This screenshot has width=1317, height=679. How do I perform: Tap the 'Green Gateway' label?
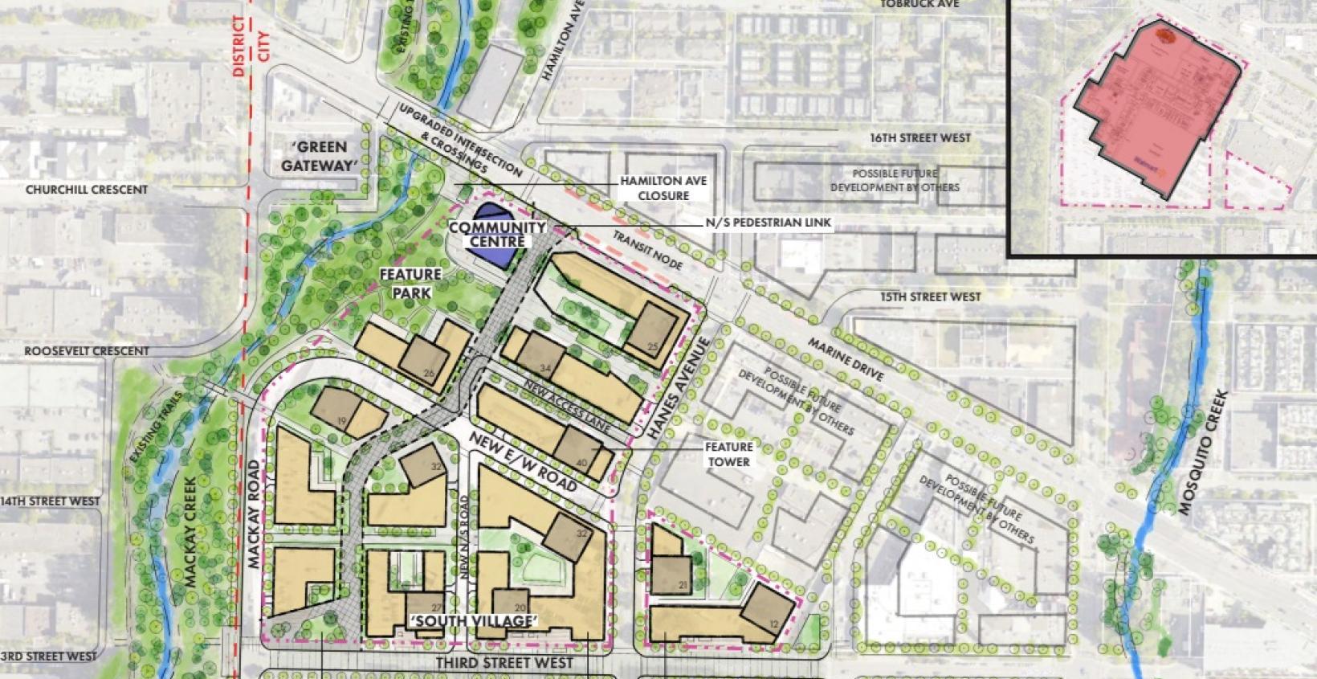click(x=318, y=156)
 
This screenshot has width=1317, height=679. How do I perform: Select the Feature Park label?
click(x=410, y=283)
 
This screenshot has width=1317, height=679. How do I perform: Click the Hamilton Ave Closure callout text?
click(x=663, y=188)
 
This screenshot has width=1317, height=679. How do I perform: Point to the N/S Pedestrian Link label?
click(x=769, y=223)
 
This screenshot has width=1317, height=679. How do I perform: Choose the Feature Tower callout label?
click(x=729, y=454)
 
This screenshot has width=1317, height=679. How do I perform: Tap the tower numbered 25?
click(x=651, y=331)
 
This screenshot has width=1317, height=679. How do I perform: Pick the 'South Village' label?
click(x=473, y=621)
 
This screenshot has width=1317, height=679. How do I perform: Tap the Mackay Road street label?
click(x=255, y=514)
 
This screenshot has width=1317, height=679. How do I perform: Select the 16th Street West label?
click(x=919, y=138)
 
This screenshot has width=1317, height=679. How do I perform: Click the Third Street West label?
click(x=504, y=663)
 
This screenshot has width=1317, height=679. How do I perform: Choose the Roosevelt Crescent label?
click(x=86, y=351)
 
